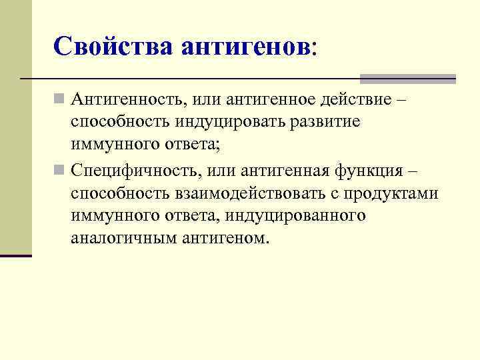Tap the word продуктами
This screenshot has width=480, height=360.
tap(399, 193)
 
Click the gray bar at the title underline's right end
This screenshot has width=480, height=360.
tap(407, 79)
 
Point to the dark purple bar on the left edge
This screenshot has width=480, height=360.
tap(15, 255)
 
